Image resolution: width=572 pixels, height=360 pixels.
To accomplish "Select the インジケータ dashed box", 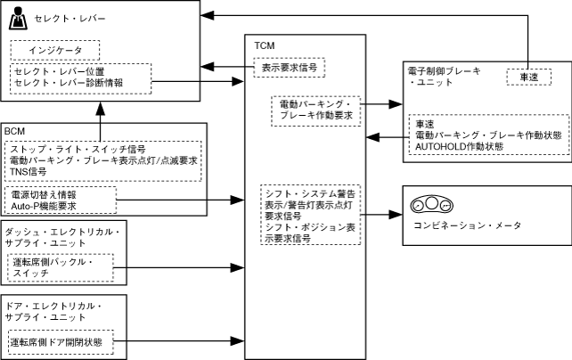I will point(54,51).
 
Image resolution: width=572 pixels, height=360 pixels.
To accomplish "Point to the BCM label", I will point(14,131).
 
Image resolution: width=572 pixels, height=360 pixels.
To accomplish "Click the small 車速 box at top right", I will point(529,77).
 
